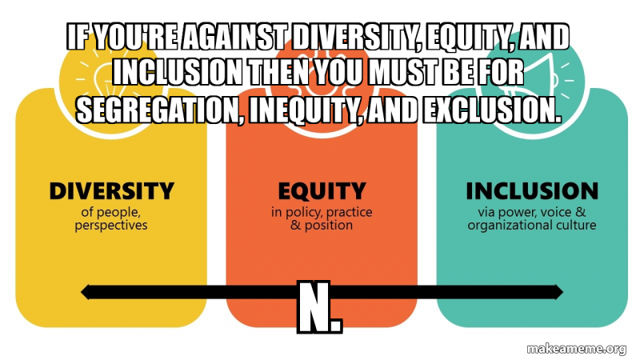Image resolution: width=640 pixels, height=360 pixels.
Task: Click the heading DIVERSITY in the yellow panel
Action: pos(111,191)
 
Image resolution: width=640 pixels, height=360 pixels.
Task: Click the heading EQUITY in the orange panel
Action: pos(322,191)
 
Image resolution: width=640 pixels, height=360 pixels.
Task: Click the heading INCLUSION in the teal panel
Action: pos(531,191)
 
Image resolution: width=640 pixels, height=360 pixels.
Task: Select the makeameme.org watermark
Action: pos(576,348)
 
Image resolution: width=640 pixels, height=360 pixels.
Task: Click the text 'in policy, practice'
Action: pos(322,213)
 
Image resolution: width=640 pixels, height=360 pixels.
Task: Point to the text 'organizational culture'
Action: pos(532,226)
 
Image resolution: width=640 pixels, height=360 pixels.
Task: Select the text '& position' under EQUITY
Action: pos(322,226)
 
